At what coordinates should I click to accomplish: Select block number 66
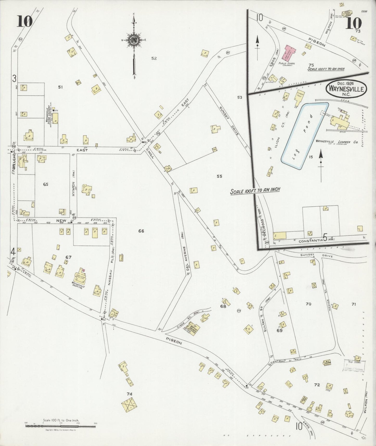[141, 231]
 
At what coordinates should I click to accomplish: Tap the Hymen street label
[73, 189]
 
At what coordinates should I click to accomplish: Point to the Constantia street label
[309, 241]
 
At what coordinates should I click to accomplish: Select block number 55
[219, 176]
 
